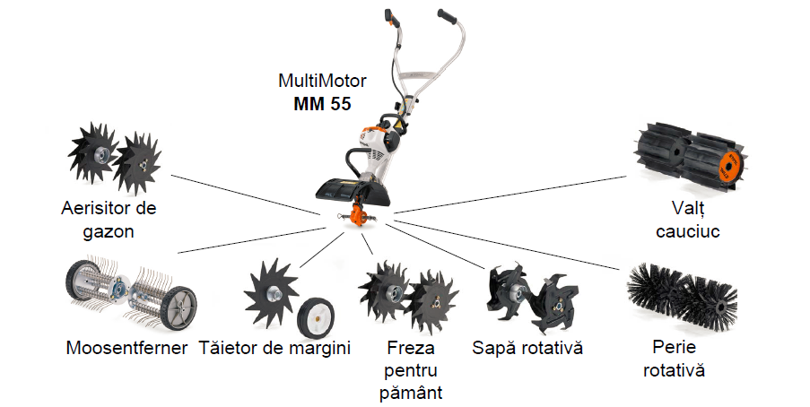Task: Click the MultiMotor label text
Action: coord(322,82)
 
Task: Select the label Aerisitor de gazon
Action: coord(109,220)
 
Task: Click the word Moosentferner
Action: coord(126,348)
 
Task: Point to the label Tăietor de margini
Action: coord(274,348)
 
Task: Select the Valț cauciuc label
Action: coord(688,220)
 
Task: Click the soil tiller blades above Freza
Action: coord(407,293)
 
